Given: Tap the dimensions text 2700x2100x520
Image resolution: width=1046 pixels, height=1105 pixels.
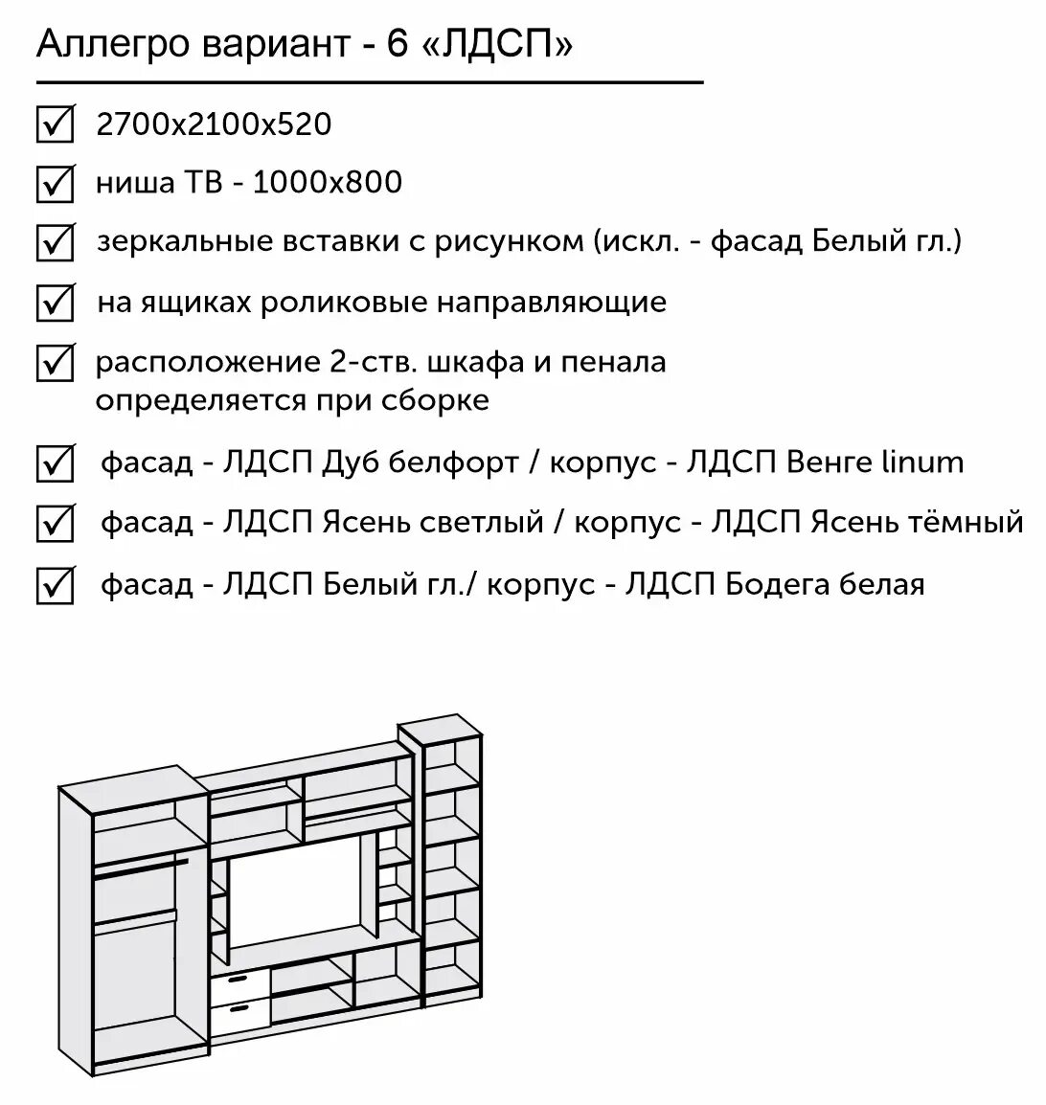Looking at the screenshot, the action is pyautogui.click(x=214, y=124).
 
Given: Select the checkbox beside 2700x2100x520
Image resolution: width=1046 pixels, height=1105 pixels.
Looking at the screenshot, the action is pyautogui.click(x=55, y=124).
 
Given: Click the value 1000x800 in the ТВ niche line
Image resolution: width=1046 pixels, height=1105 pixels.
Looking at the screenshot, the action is pyautogui.click(x=328, y=182).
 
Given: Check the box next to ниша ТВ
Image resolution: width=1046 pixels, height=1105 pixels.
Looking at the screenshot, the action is pyautogui.click(x=55, y=183).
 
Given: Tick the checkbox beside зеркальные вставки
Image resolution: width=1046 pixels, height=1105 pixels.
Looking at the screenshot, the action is pyautogui.click(x=55, y=242).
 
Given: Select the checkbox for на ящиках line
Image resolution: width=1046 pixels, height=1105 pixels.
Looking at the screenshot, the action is pyautogui.click(x=55, y=304).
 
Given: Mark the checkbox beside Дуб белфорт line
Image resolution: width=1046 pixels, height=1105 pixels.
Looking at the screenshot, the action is pyautogui.click(x=55, y=463).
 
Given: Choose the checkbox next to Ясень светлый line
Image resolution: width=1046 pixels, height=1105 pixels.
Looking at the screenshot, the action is pyautogui.click(x=55, y=524).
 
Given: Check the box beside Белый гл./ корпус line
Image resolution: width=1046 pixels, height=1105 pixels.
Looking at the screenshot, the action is pyautogui.click(x=55, y=585).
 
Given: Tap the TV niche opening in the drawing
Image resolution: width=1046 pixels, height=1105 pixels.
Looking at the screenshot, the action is pyautogui.click(x=302, y=895).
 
